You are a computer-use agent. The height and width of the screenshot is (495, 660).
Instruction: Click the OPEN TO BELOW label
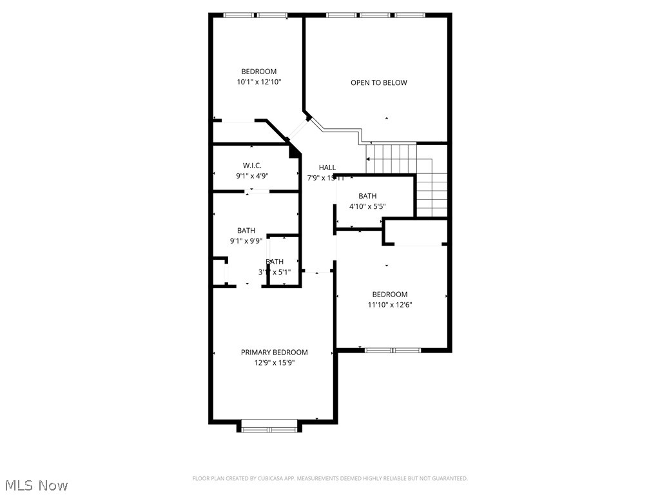[x=378, y=82]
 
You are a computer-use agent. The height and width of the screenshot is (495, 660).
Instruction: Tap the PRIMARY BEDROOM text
[x=274, y=352]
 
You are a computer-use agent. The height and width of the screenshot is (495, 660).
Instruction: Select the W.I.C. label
[x=252, y=166]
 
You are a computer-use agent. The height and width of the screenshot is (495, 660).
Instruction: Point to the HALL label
[x=327, y=168]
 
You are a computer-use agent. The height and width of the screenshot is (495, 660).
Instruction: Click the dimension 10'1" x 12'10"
[x=258, y=82]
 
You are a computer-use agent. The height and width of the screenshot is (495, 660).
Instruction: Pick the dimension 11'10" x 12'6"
[x=389, y=305]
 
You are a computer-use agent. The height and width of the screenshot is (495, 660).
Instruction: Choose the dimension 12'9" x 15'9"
[x=274, y=363]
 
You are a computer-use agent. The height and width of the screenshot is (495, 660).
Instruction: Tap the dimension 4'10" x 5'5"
[x=367, y=207]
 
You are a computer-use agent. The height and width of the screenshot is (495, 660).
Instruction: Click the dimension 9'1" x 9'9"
[x=246, y=241]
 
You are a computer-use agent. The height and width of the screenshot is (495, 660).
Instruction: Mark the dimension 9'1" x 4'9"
[x=252, y=176]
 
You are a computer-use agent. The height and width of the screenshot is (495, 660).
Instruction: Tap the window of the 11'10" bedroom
[x=393, y=350]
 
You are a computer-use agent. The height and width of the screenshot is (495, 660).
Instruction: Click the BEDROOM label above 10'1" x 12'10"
[x=258, y=72]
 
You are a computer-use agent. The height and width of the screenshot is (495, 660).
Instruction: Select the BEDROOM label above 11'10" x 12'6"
[x=389, y=295]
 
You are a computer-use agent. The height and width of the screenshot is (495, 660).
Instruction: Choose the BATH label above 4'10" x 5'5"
[x=367, y=196]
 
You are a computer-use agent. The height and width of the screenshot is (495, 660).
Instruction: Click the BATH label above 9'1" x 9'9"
[x=246, y=231]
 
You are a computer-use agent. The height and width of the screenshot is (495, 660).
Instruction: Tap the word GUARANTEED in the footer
[x=447, y=478]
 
